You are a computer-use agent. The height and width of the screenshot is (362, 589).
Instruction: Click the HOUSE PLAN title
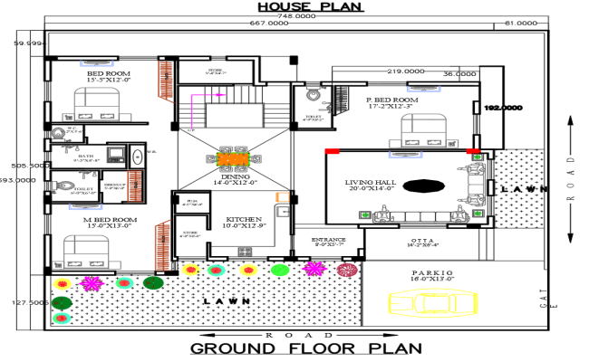pos(310,6)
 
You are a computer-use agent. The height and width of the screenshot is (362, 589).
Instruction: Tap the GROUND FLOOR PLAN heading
pos(305,348)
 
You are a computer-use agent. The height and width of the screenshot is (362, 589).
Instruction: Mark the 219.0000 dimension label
pos(406,71)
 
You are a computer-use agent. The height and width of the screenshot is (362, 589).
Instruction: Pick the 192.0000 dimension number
pos(503,108)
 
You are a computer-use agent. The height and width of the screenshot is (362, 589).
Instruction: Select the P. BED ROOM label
pos(391,100)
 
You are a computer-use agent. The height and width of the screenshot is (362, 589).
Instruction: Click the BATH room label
pos(86,156)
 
